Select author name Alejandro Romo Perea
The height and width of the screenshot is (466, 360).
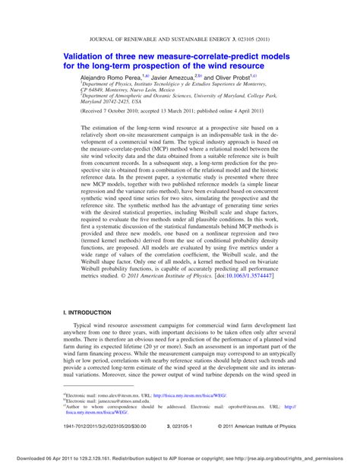tap(109, 78)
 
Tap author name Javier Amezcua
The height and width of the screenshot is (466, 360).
tap(175, 78)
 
